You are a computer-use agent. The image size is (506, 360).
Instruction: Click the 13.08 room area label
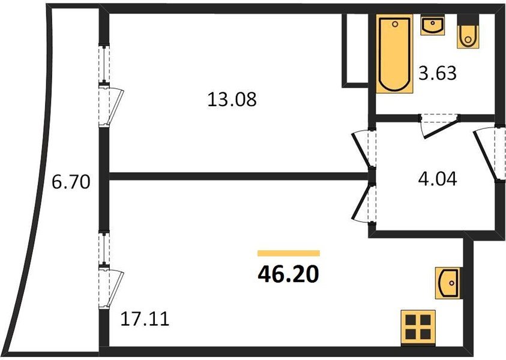click(232, 99)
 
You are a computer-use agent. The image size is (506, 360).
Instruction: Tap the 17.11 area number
click(145, 319)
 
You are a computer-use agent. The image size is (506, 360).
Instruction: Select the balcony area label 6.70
click(71, 182)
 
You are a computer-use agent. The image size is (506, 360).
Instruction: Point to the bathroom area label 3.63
click(437, 73)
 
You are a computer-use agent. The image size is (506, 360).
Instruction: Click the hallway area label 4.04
click(437, 179)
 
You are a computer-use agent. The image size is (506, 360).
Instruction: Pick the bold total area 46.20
click(289, 275)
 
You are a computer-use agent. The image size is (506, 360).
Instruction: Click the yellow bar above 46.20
click(289, 253)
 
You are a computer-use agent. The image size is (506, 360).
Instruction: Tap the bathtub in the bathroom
click(395, 53)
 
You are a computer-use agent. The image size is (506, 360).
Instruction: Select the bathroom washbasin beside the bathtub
click(433, 25)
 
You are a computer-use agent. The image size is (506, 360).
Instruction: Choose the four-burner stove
click(418, 327)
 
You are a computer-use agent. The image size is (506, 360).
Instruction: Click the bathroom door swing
click(439, 126)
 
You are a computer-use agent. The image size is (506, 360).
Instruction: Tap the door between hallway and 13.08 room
click(364, 148)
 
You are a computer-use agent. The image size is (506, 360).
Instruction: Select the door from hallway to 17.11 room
click(364, 203)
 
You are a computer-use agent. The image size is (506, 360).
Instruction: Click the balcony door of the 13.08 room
click(111, 105)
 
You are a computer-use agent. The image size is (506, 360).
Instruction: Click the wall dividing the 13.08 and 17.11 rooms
click(239, 176)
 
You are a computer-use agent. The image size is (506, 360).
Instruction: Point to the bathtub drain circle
click(395, 24)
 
